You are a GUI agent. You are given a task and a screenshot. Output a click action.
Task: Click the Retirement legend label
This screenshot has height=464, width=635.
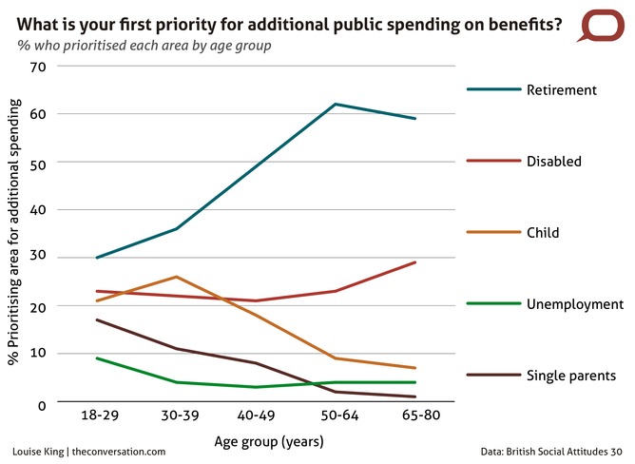tap(561, 90)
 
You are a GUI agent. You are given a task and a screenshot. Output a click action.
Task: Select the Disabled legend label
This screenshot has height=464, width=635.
tap(553, 162)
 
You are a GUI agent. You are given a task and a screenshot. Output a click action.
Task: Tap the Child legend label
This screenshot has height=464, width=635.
tap(542, 233)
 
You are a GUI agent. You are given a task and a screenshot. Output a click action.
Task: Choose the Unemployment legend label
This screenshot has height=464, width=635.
tap(574, 304)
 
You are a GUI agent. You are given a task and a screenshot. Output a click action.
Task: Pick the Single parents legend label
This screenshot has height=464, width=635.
tap(571, 376)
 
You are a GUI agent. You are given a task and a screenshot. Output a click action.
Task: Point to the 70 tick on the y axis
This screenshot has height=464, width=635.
tap(38, 67)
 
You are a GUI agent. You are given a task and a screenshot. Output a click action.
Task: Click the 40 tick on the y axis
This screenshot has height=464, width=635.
tap(38, 209)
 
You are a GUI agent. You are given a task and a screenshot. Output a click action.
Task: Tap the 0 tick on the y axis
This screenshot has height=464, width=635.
tap(43, 405)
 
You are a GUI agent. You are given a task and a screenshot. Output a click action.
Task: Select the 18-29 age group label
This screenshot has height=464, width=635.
tap(98, 417)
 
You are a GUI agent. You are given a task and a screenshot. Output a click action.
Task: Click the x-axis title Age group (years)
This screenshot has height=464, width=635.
tap(256, 441)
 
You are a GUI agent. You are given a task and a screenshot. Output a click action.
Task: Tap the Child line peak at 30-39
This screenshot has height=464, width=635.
tap(177, 277)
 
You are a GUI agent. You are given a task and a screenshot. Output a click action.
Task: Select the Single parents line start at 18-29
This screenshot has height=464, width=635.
tap(98, 319)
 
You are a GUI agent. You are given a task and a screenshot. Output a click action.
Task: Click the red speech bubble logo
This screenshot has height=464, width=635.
tap(600, 25)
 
